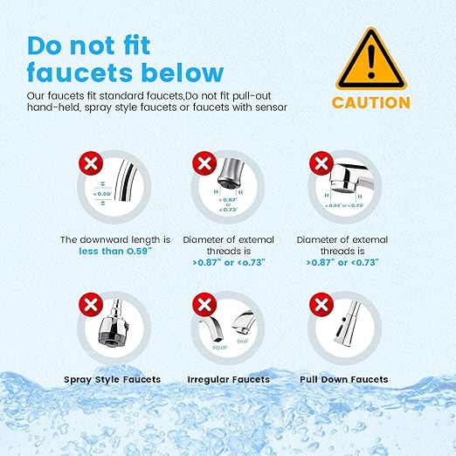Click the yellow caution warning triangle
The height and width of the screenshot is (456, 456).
(x=370, y=56)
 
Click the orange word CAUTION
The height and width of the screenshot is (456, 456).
(x=370, y=102)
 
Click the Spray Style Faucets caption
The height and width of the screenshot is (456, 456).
(x=113, y=379)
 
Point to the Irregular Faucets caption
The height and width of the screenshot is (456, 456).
(x=228, y=379)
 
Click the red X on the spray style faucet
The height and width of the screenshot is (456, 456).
(x=88, y=305)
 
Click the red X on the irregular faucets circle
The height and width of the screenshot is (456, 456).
(x=204, y=305)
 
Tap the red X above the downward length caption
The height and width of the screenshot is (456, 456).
(x=88, y=162)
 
